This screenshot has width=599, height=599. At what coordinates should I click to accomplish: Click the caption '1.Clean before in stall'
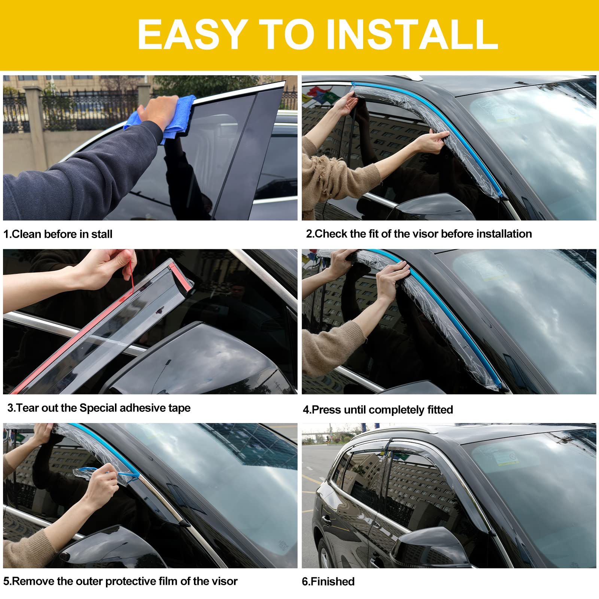58,234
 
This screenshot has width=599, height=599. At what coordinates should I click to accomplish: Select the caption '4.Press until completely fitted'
378,410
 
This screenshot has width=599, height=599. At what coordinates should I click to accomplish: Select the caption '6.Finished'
328,581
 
